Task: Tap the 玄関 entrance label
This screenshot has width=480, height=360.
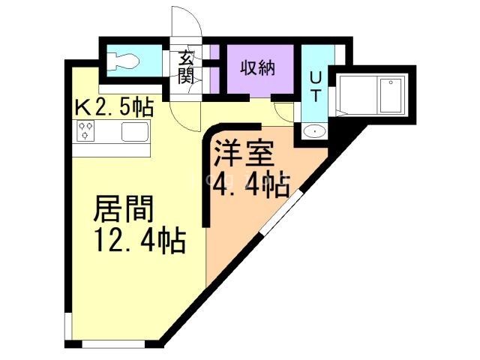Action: coord(186,67)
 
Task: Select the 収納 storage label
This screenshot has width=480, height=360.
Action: coord(257,67)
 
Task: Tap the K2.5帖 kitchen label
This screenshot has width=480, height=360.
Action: coord(113,107)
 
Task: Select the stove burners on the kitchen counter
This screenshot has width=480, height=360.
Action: coord(85,133)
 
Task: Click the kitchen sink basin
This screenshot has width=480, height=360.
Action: coord(135,133)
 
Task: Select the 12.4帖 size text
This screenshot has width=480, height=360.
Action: coord(139,241)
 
